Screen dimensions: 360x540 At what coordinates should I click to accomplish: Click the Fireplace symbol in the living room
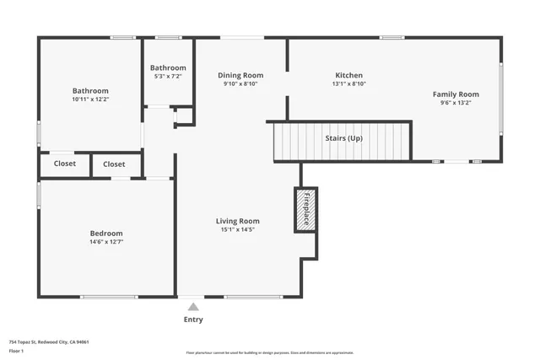click(x=305, y=209)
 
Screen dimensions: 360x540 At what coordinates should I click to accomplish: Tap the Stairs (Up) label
click(x=343, y=138)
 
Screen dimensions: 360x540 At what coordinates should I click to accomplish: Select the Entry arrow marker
click(x=193, y=307)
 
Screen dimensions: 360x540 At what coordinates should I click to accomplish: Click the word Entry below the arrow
click(x=193, y=320)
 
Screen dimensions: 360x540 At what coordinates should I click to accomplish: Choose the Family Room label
click(x=456, y=94)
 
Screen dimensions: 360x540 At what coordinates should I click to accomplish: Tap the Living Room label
click(x=237, y=221)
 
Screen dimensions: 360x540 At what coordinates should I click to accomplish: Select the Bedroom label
click(x=106, y=234)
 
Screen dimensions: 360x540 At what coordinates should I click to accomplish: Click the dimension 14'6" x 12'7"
click(x=106, y=242)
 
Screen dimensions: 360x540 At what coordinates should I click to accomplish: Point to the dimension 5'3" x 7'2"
click(x=168, y=77)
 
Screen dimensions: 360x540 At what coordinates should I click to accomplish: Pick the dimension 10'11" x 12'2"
click(x=90, y=99)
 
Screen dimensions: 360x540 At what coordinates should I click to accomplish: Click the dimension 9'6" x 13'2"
click(x=456, y=103)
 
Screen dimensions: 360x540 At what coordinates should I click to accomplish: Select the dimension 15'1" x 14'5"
click(x=237, y=229)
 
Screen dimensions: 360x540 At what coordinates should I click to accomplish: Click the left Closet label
click(x=64, y=164)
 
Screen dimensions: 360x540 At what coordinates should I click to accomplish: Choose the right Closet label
click(x=114, y=164)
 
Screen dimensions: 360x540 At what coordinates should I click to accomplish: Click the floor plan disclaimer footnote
click(x=270, y=352)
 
